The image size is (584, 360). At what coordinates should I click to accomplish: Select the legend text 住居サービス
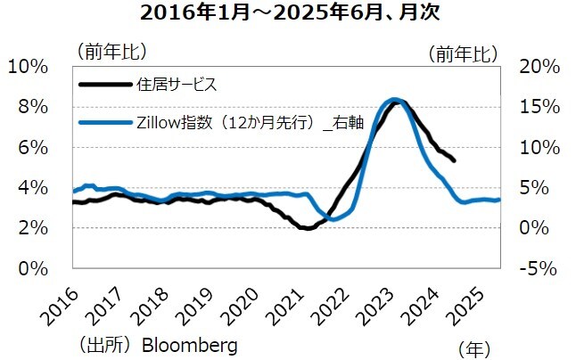point(177,86)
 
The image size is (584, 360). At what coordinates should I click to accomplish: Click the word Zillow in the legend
point(160,123)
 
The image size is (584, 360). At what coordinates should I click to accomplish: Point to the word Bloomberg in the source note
point(190,344)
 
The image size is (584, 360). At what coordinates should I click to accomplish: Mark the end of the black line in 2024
point(455,160)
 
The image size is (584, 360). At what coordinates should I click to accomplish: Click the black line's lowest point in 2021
point(307,228)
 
